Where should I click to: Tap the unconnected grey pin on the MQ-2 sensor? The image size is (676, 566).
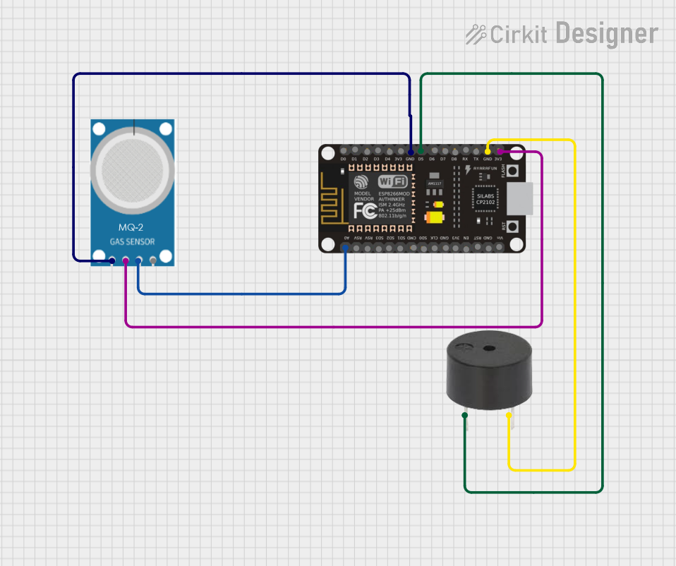tap(152, 261)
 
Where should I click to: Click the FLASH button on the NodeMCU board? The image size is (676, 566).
tap(514, 171)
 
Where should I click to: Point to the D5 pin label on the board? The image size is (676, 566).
tap(421, 159)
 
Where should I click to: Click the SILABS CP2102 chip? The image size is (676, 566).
tap(485, 199)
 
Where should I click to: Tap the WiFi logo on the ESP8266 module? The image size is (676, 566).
tap(392, 182)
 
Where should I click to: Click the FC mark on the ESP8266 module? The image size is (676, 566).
tap(364, 212)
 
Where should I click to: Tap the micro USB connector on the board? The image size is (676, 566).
tap(520, 198)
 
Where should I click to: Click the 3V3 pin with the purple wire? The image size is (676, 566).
tap(498, 151)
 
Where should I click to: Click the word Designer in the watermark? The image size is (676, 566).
tap(606, 33)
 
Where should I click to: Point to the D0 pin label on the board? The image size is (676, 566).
tap(344, 159)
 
